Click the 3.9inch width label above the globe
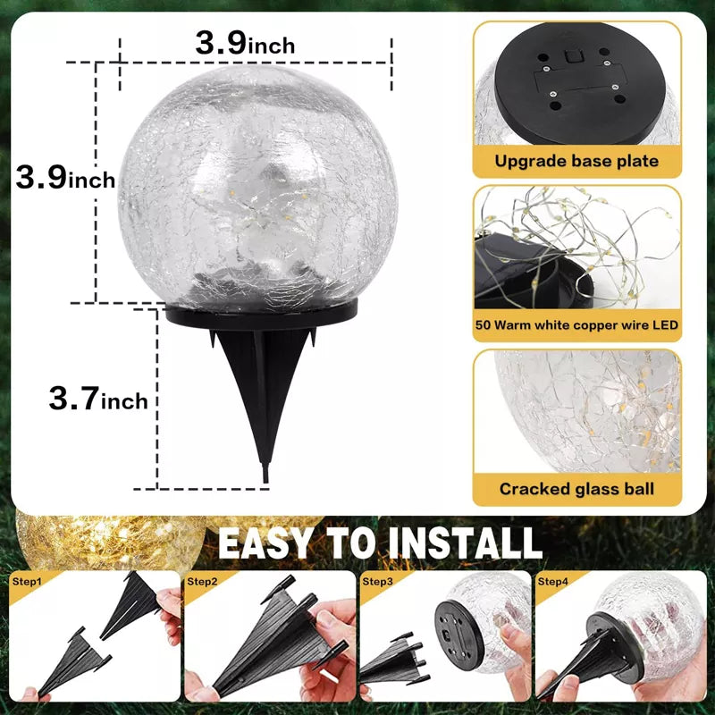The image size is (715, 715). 245,43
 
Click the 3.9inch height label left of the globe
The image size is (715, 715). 65,177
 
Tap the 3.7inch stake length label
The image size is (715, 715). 98,398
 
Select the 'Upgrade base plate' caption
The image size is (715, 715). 576,161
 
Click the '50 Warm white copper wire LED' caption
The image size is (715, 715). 576,324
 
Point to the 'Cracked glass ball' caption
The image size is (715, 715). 576,489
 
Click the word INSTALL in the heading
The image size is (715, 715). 465,543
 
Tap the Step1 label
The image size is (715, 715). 27,582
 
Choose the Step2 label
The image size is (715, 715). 202,582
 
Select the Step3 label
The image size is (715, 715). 377,582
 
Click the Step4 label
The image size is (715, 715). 552,582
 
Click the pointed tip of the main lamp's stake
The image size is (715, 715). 265,482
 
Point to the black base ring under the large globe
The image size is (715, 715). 261,315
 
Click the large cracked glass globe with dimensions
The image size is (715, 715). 257,187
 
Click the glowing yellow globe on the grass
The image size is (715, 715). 109,541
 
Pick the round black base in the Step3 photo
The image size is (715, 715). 458,634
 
